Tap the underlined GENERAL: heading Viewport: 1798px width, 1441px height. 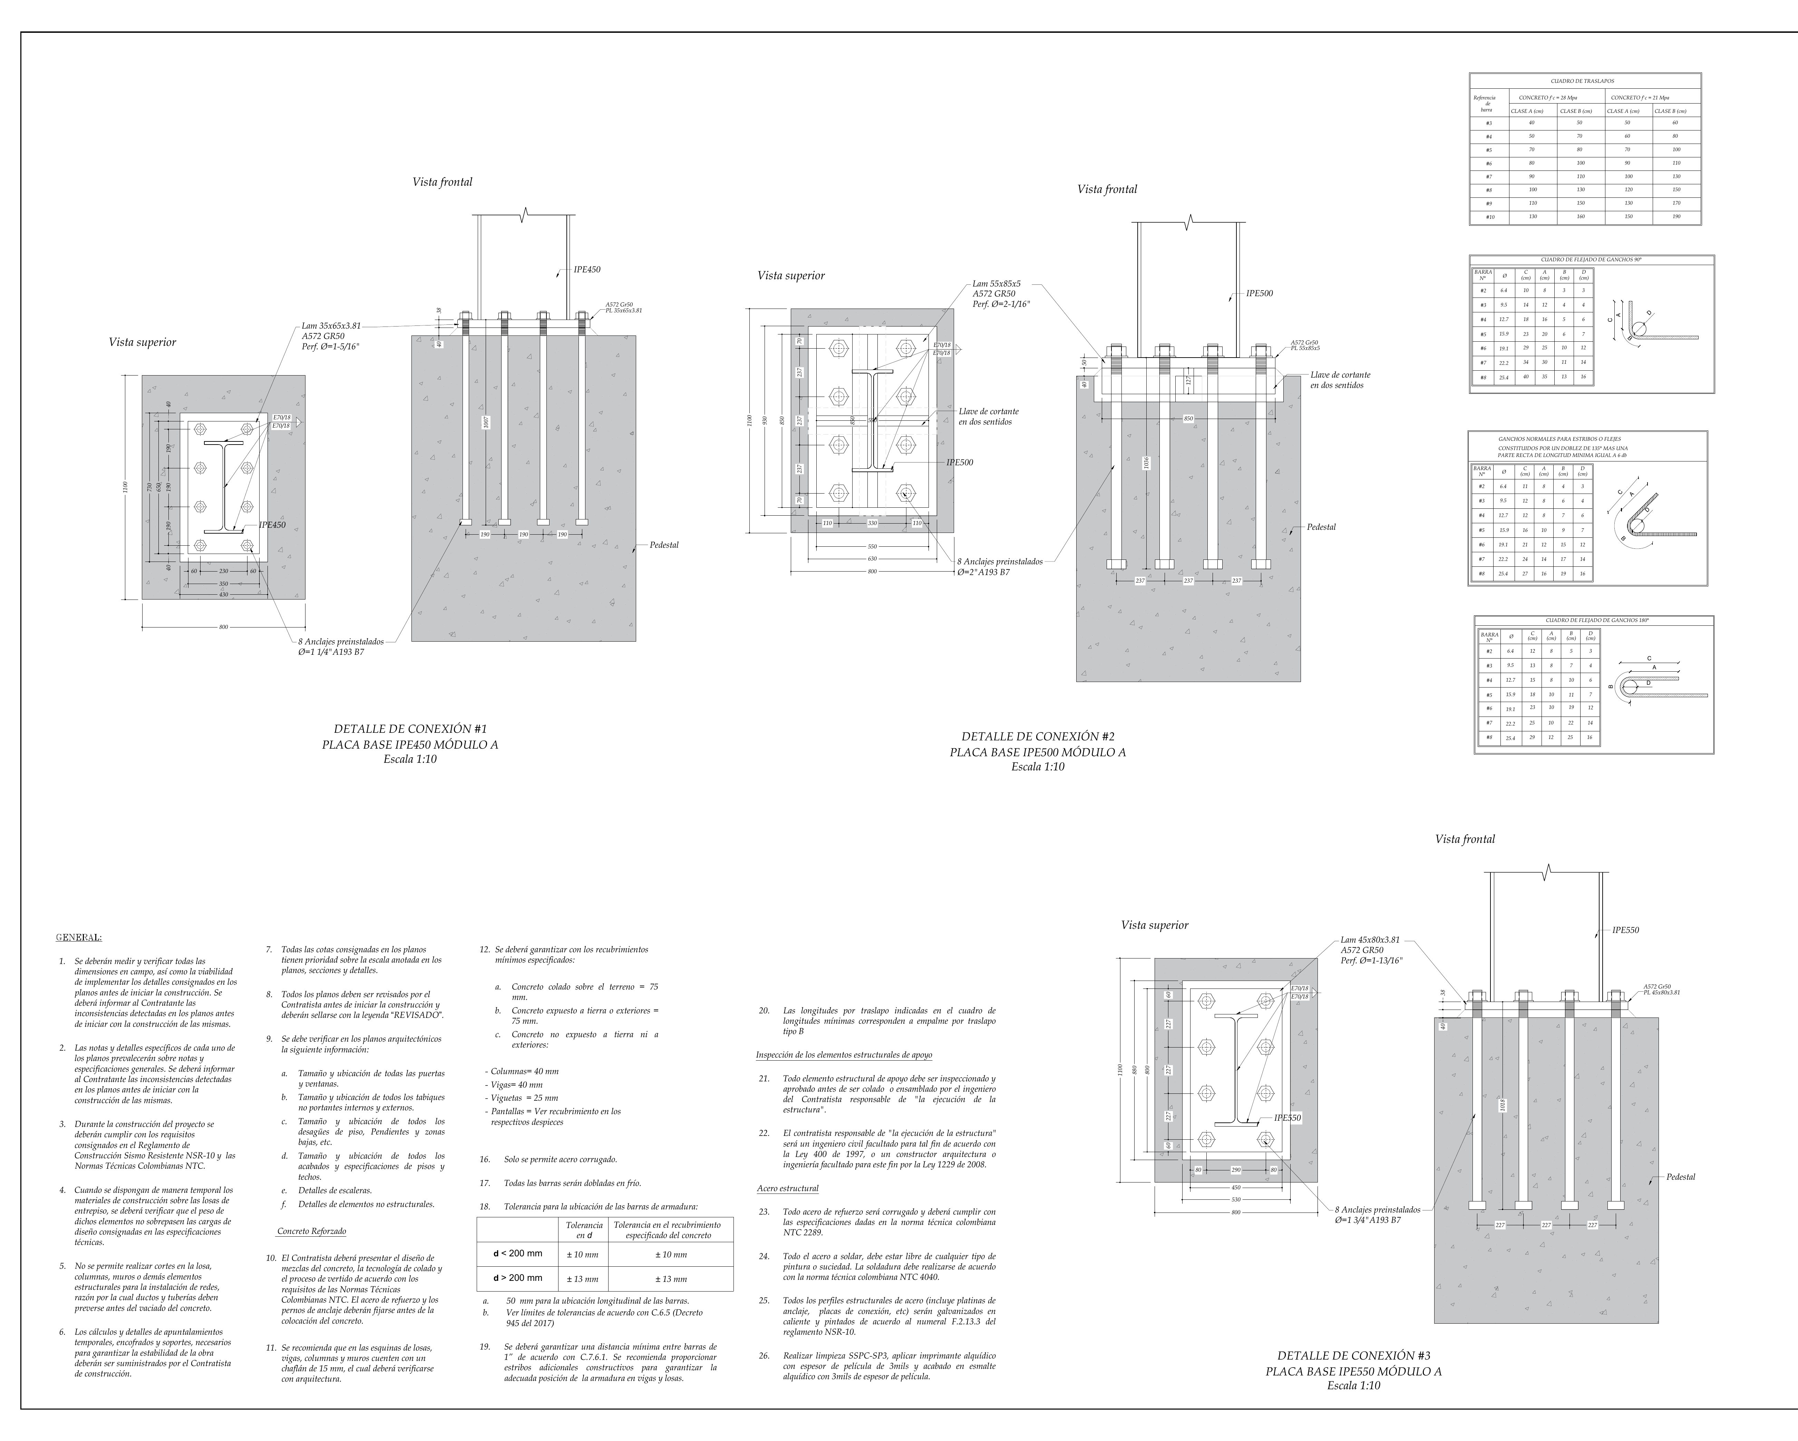click(78, 937)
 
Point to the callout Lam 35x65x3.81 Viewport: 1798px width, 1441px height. click(331, 326)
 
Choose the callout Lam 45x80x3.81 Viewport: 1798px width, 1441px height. click(1370, 940)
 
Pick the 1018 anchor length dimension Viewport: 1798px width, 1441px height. click(1502, 1106)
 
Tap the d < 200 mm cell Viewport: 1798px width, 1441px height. click(517, 1253)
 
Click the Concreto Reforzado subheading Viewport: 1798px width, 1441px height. click(311, 1231)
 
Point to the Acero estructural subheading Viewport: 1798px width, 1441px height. click(787, 1188)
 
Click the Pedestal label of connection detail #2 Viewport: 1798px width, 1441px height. click(1321, 527)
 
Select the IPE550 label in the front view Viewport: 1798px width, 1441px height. click(1624, 930)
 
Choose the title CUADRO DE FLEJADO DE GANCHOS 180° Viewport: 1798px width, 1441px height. click(1596, 621)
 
